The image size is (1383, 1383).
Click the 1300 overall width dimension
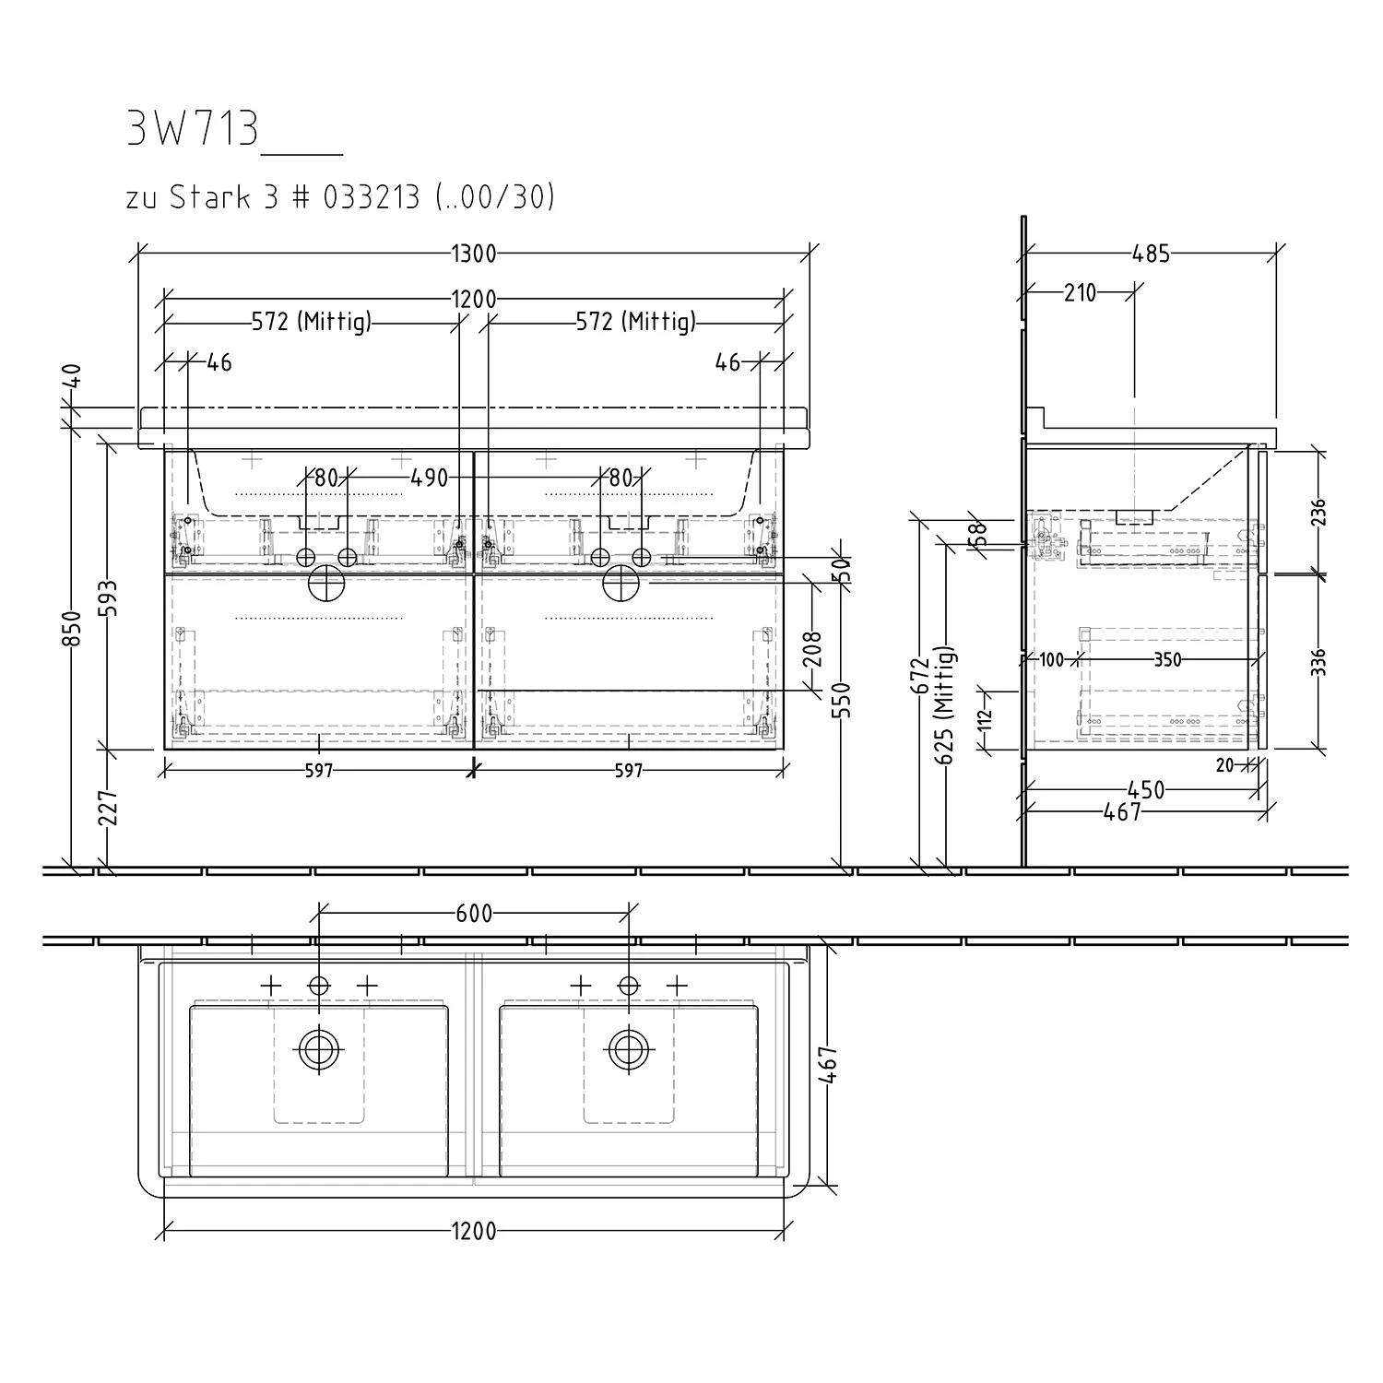(474, 254)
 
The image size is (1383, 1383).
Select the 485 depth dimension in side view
(1151, 254)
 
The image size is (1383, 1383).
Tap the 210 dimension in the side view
(1080, 293)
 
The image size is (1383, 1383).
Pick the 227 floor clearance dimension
(110, 809)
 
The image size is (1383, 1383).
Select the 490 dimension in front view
(429, 478)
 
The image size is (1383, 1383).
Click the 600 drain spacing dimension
(474, 914)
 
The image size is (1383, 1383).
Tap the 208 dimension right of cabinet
(812, 649)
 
